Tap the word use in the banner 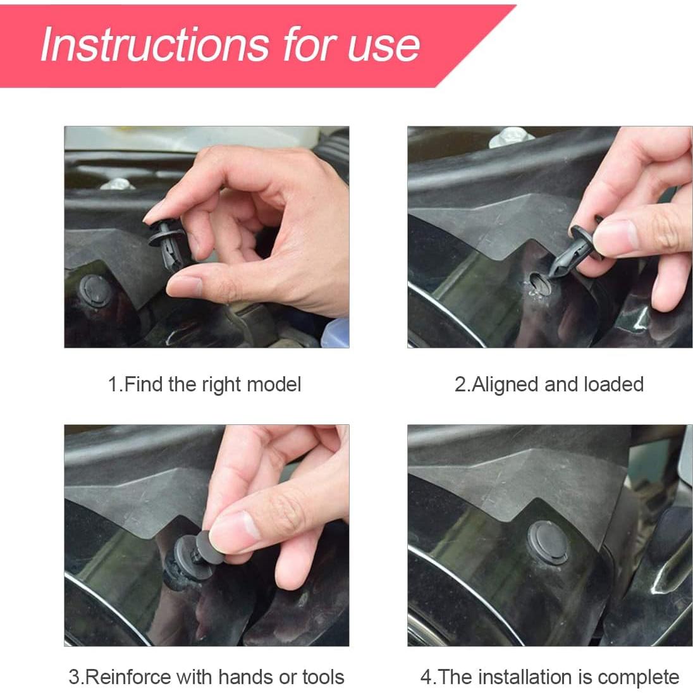pos(384,46)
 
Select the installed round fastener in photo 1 pos(96,291)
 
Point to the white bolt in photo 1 pos(117,183)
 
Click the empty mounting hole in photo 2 pos(539,284)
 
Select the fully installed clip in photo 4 pos(548,543)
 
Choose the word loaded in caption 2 pos(613,384)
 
